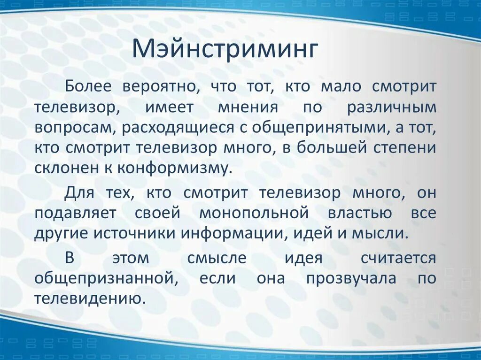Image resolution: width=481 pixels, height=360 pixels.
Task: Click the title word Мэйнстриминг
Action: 225,50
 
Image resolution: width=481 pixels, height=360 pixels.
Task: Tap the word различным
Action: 392,107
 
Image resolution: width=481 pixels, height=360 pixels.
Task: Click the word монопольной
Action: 254,213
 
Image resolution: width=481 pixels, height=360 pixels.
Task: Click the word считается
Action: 398,258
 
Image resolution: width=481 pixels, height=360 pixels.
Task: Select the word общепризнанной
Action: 101,278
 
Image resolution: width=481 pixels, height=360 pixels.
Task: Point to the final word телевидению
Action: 88,299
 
